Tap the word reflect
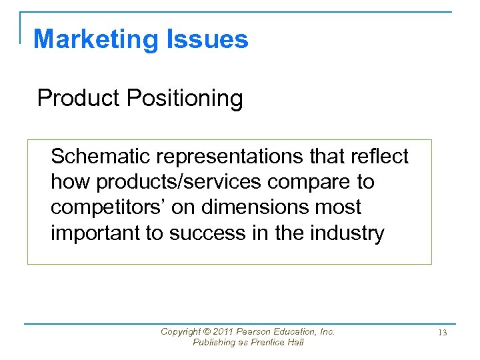(377, 156)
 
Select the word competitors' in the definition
(107, 207)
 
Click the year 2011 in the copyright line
(225, 331)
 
